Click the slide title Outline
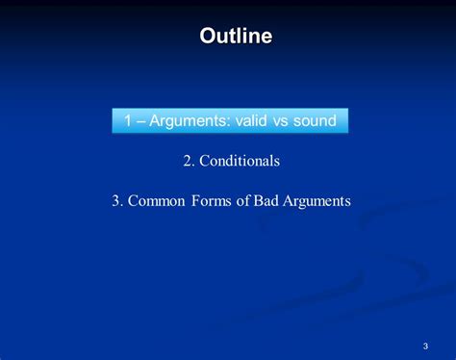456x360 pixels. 236,36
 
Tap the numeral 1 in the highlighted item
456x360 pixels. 128,120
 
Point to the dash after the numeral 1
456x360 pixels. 140,122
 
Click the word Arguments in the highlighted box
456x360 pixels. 189,121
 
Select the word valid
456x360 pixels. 251,120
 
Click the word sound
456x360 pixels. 315,120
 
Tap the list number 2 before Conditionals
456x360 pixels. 188,161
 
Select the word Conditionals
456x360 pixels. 240,161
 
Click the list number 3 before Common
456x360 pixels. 115,201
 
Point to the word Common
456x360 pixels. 157,201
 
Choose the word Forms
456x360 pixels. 212,201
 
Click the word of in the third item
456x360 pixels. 242,200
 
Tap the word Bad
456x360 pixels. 266,200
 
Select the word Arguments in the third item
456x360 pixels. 317,201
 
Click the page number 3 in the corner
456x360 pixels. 425,346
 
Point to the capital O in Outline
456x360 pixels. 208,36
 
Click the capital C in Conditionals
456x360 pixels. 205,161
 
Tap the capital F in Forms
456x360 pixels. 195,201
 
